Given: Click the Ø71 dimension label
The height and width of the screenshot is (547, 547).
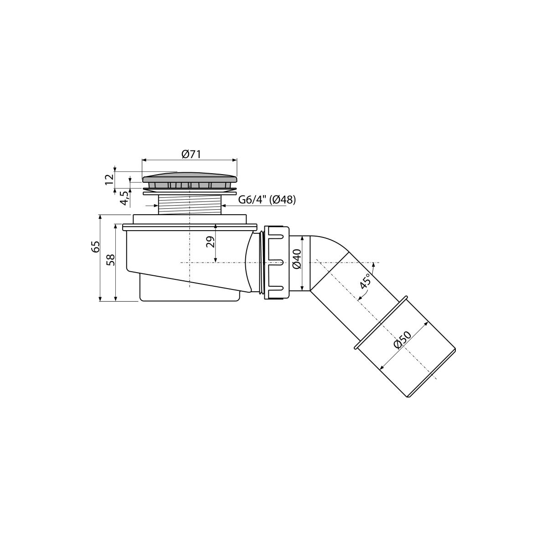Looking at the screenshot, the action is click(x=191, y=155).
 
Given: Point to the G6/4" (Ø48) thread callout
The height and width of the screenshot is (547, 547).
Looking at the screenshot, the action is click(x=267, y=200).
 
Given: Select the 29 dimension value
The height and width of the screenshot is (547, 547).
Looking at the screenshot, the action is click(x=210, y=242).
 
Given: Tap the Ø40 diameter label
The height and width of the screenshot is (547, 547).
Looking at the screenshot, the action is click(x=296, y=258).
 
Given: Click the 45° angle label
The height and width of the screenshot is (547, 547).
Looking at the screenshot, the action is click(x=366, y=281).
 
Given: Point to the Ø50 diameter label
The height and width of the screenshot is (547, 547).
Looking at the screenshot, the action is click(x=403, y=340).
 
